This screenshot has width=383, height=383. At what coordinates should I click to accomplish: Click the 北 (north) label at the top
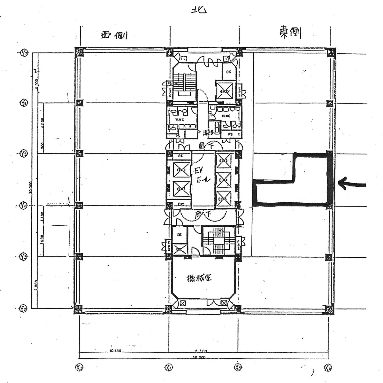pyautogui.click(x=198, y=10)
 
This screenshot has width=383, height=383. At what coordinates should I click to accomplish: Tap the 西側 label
pyautogui.click(x=114, y=35)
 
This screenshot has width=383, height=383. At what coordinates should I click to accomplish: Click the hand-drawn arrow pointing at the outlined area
pyautogui.click(x=351, y=184)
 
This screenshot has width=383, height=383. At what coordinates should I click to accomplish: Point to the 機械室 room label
pyautogui.click(x=199, y=278)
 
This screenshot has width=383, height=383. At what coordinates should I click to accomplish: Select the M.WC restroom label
pyautogui.click(x=226, y=116)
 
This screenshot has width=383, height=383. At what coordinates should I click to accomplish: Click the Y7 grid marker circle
pyautogui.click(x=24, y=53)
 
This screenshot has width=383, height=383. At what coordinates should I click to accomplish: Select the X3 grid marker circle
pyautogui.click(x=79, y=368)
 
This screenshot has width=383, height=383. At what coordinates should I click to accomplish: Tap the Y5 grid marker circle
pyautogui.click(x=23, y=154)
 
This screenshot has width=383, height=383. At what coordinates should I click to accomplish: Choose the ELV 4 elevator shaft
pyautogui.click(x=223, y=180)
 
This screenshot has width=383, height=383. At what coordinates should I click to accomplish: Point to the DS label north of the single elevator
pyautogui.click(x=229, y=72)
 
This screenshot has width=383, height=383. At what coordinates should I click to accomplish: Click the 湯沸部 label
pyautogui.click(x=208, y=132)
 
